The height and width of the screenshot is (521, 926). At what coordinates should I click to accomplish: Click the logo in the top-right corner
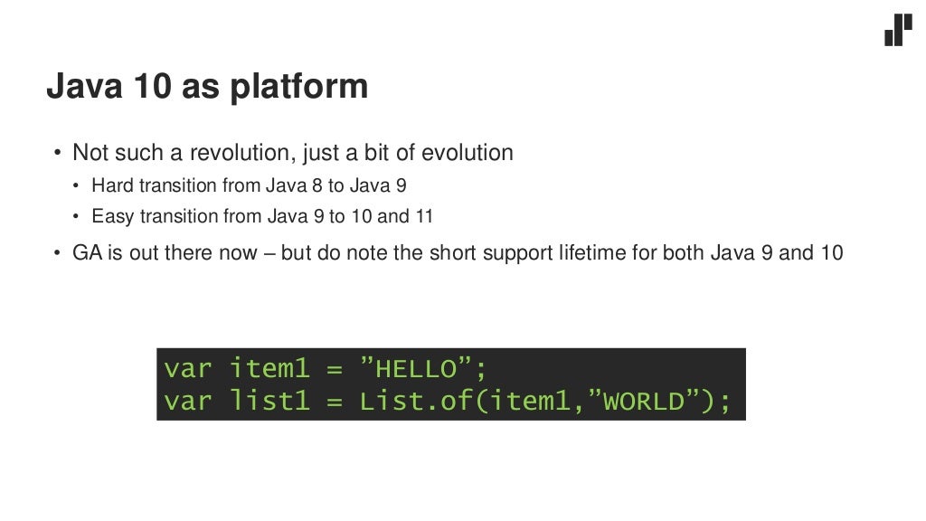point(898,30)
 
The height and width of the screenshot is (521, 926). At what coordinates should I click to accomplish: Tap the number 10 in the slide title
point(149,87)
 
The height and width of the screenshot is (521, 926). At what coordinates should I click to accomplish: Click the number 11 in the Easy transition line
point(424,216)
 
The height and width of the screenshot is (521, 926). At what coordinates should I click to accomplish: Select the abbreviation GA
point(88,252)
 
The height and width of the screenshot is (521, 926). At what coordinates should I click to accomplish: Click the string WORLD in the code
point(645,402)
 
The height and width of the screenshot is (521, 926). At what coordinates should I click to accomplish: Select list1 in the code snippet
point(270,401)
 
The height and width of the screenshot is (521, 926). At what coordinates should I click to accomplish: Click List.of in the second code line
point(411,401)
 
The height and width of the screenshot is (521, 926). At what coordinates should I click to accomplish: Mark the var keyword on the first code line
point(187,369)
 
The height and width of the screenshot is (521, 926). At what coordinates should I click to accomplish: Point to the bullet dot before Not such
point(58,154)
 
